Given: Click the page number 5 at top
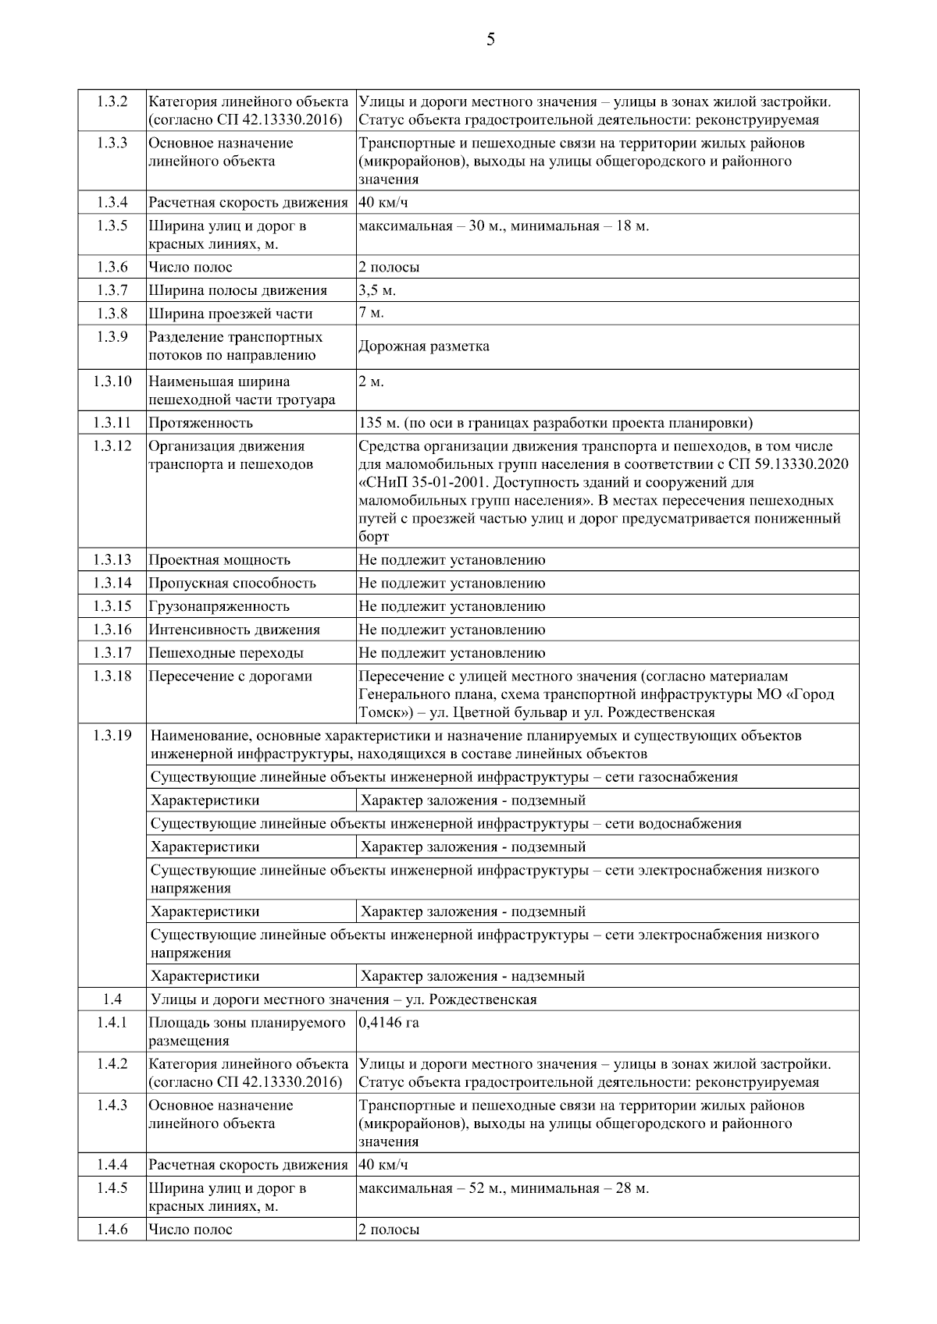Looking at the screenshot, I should tap(490, 40).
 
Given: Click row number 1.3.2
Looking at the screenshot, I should tap(112, 101).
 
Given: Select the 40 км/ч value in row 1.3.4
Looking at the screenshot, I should tap(383, 203).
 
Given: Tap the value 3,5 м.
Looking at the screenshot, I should tap(377, 290).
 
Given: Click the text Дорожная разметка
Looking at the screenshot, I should tap(424, 346).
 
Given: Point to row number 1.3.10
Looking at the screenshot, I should tap(112, 382).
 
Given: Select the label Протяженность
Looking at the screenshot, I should tap(201, 423).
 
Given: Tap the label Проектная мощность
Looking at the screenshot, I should tap(219, 560).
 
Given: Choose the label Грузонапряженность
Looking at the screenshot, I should tap(219, 606).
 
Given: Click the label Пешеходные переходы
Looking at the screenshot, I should tap(226, 653).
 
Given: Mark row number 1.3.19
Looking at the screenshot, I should tap(112, 736).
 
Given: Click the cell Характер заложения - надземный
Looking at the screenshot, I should tap(472, 976).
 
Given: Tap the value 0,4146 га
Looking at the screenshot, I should tap(388, 1023).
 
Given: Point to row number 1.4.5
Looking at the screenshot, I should tap(112, 1188).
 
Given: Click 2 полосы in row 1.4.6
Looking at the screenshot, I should tap(389, 1230).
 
